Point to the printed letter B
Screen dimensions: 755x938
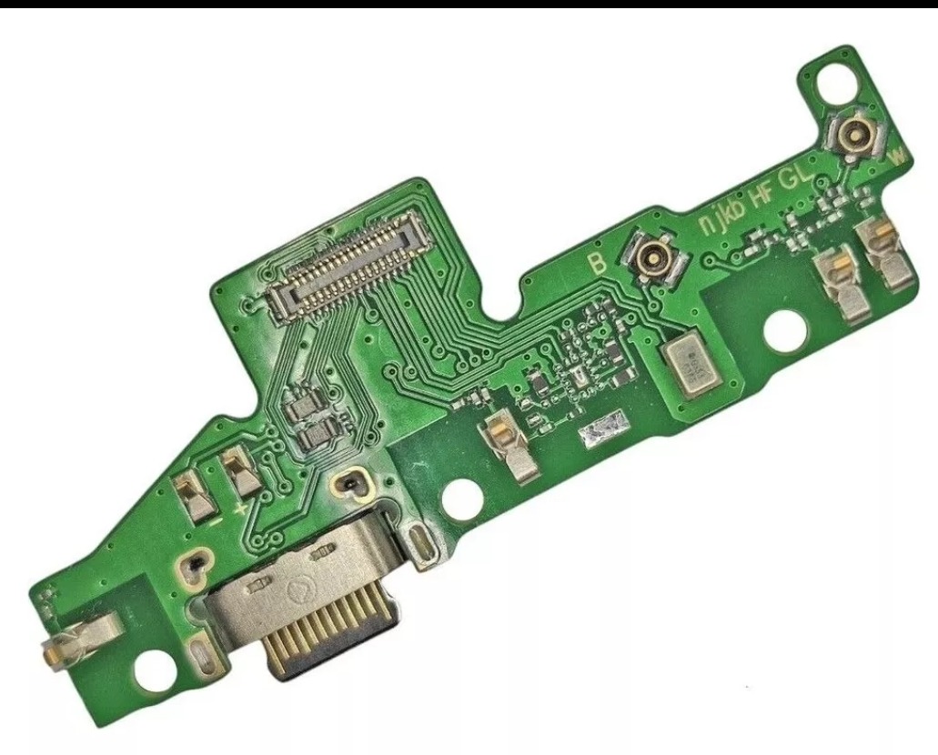click(x=599, y=263)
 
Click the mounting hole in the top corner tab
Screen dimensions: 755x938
click(x=833, y=83)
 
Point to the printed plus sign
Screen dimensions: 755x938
click(x=240, y=507)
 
